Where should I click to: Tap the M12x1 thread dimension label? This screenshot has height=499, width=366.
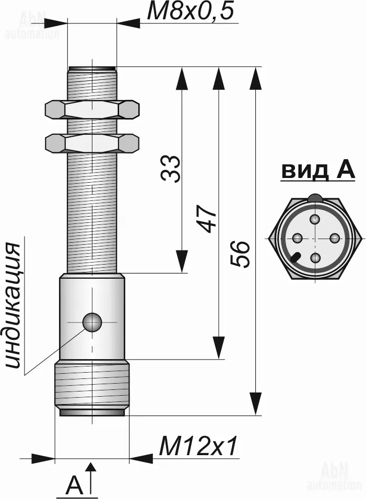(x=198, y=446)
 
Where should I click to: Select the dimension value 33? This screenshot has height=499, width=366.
(x=171, y=169)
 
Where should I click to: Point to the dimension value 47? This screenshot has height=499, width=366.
(x=207, y=219)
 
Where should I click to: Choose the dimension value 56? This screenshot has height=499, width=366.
(x=240, y=254)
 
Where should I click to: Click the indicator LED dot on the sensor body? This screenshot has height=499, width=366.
(x=92, y=322)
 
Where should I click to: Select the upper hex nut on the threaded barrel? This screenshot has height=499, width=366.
(x=92, y=110)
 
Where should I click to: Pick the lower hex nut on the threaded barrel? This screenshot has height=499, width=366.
(x=92, y=144)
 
